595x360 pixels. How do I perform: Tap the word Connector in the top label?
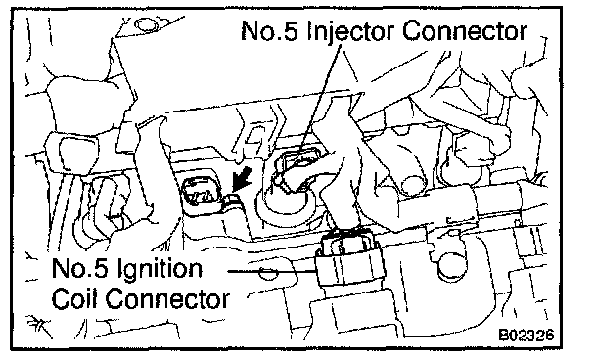point(464,30)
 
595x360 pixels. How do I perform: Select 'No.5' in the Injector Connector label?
point(269,30)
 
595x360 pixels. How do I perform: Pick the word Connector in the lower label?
point(167,299)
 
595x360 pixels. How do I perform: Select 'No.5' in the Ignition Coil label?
point(80,268)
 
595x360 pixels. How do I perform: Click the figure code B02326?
point(526,335)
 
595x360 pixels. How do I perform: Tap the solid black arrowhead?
point(241,180)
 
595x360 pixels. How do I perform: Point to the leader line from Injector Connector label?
point(319,100)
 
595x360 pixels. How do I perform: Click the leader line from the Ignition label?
point(272,272)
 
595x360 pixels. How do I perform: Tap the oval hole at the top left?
point(146,25)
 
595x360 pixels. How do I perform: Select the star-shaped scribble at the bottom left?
point(39,326)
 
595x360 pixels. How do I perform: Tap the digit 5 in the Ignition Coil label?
point(101,269)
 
